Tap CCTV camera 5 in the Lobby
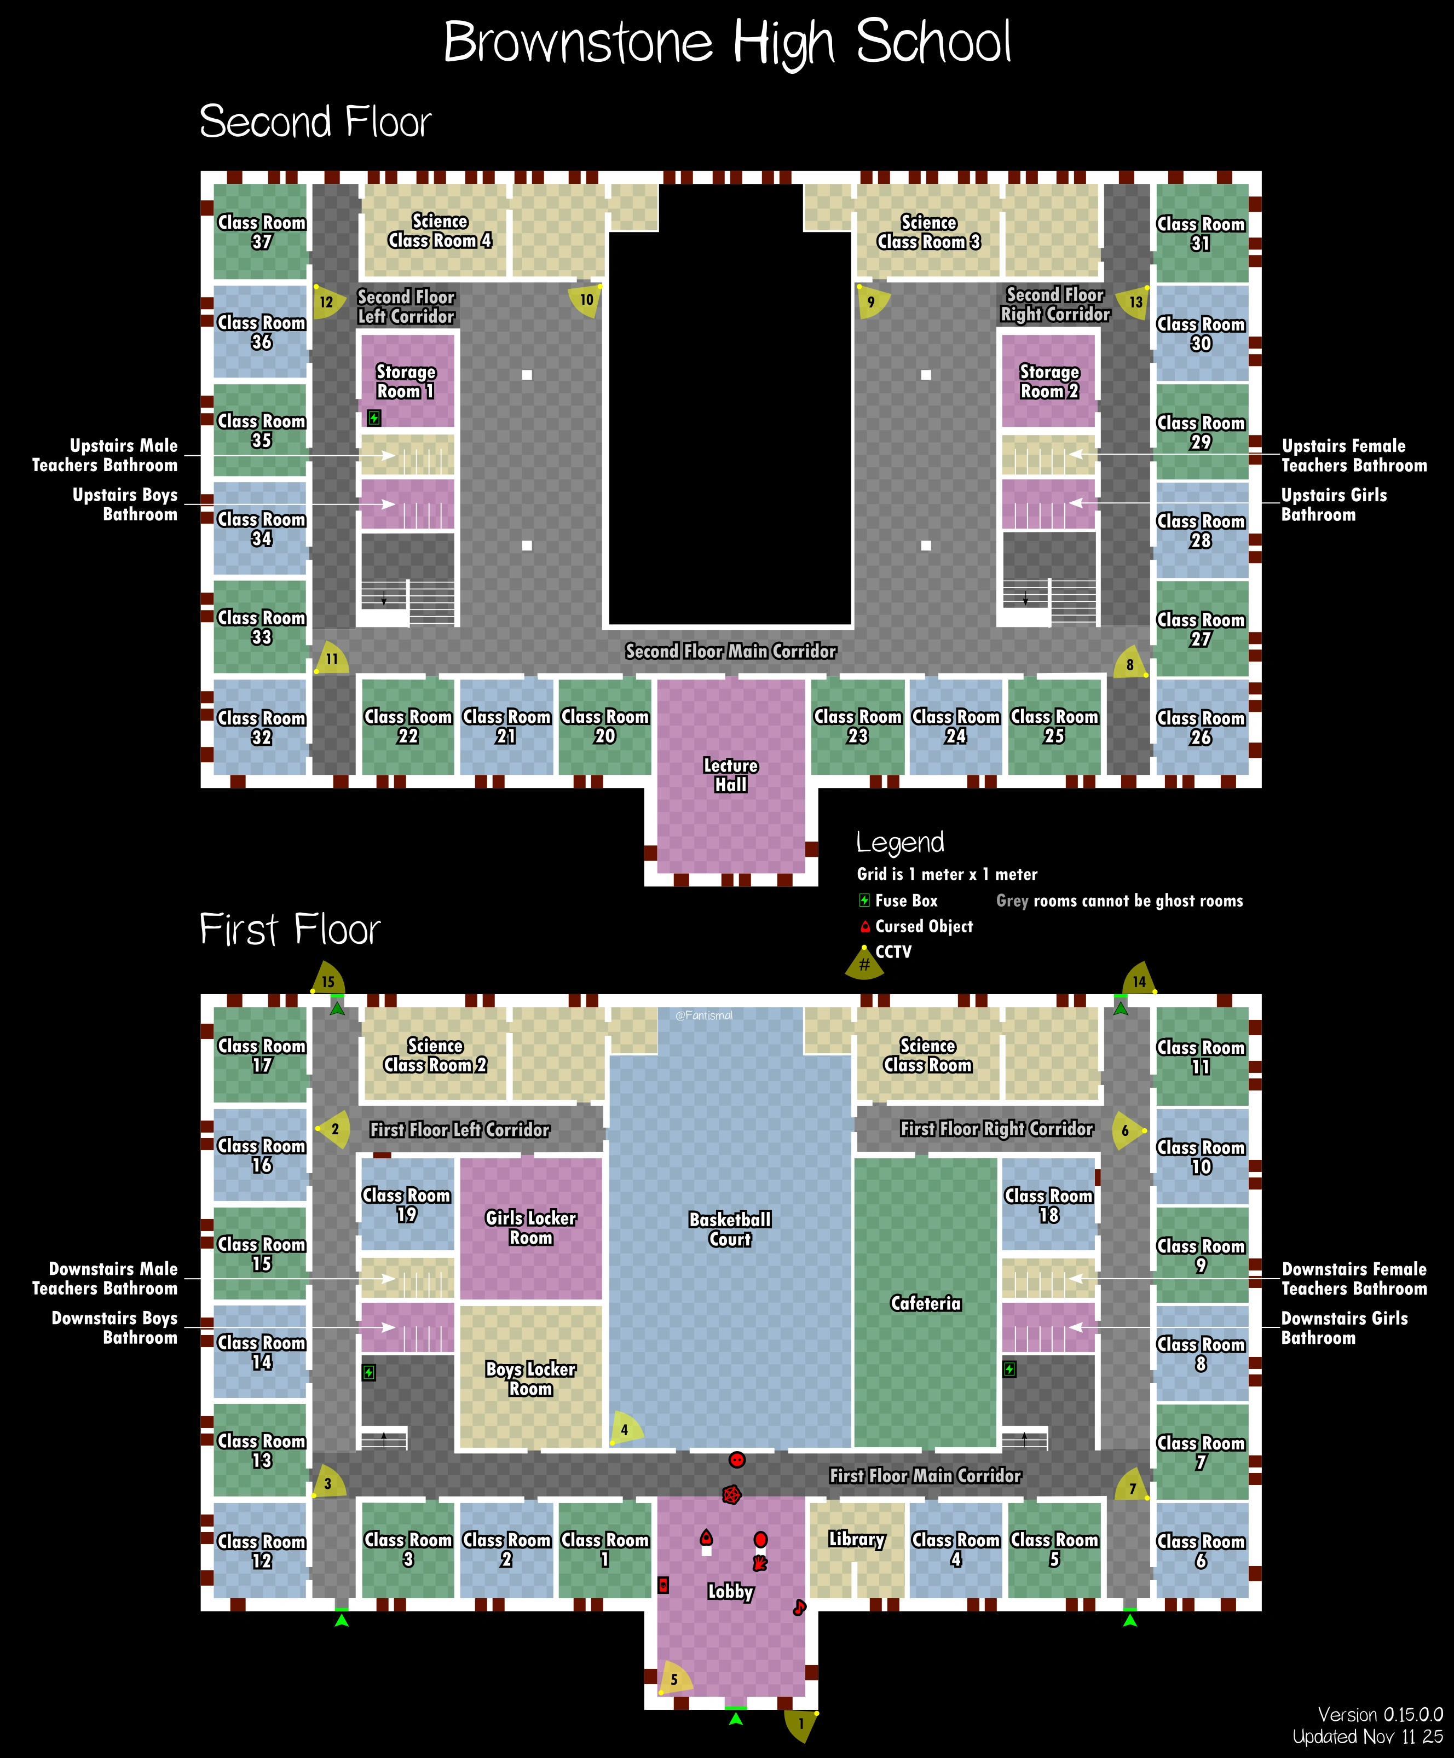click(x=674, y=1679)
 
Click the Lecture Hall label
click(x=730, y=775)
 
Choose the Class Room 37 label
click(x=261, y=232)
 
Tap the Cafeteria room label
click(x=926, y=1303)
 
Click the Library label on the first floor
click(x=856, y=1540)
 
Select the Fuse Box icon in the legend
click(x=864, y=901)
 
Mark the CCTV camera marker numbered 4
click(x=625, y=1430)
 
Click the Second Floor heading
click(x=315, y=122)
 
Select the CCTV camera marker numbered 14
click(x=1139, y=981)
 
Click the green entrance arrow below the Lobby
click(x=735, y=1719)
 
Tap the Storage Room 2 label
click(x=1049, y=382)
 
